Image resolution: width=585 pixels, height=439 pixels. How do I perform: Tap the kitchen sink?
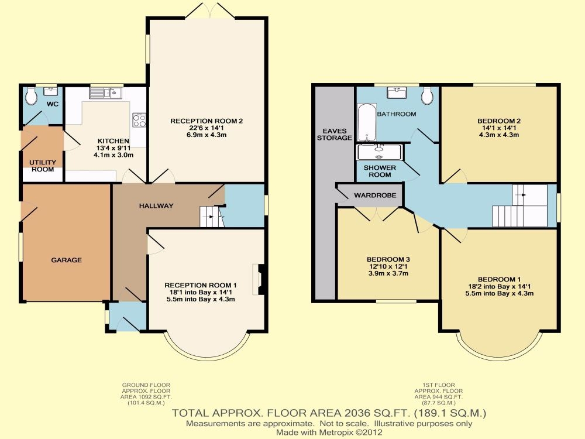pyautogui.click(x=105, y=93)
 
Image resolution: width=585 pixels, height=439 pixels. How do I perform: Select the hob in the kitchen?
pyautogui.click(x=139, y=121)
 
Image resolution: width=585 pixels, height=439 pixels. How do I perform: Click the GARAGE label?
pyautogui.click(x=67, y=260)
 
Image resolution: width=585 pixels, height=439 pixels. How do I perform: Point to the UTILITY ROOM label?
pyautogui.click(x=43, y=166)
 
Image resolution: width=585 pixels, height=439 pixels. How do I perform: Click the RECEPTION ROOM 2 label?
pyautogui.click(x=207, y=121)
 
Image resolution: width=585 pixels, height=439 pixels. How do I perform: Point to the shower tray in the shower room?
pyautogui.click(x=379, y=152)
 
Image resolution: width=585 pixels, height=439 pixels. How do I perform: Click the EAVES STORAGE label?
pyautogui.click(x=335, y=135)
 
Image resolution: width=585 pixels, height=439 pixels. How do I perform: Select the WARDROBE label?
pyautogui.click(x=375, y=196)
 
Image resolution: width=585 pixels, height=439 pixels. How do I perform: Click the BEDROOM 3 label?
pyautogui.click(x=388, y=259)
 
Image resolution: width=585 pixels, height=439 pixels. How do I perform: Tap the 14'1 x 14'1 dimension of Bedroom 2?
pyautogui.click(x=499, y=128)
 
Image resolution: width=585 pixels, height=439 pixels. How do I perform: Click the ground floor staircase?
pyautogui.click(x=212, y=217)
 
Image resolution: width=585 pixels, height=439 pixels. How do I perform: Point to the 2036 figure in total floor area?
pyautogui.click(x=357, y=413)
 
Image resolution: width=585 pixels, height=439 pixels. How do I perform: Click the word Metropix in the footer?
pyautogui.click(x=335, y=433)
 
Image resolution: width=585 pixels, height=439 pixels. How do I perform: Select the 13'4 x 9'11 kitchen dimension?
pyautogui.click(x=113, y=148)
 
